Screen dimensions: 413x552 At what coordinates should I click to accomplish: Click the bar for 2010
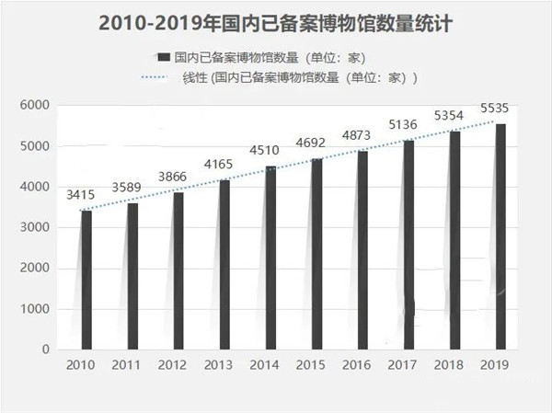tap(86, 281)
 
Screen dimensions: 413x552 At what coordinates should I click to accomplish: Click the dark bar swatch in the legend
tap(163, 57)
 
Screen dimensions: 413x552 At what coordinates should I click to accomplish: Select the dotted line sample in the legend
tap(162, 77)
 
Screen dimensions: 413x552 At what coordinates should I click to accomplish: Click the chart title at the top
tap(275, 20)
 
